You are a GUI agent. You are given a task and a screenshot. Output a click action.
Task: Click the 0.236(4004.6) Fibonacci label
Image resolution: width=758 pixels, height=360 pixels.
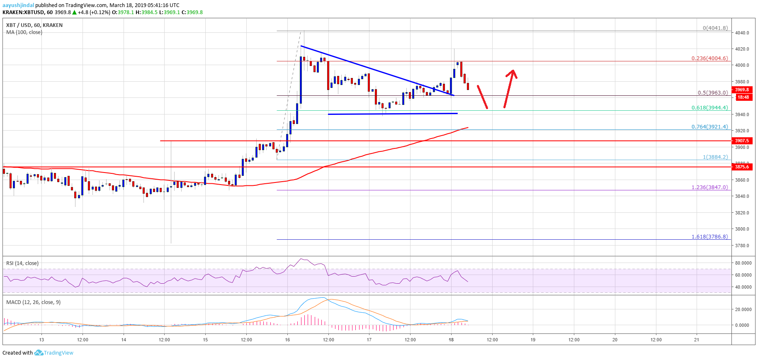pyautogui.click(x=709, y=58)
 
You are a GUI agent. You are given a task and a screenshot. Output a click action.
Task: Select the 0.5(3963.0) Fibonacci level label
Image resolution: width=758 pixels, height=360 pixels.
pyautogui.click(x=712, y=93)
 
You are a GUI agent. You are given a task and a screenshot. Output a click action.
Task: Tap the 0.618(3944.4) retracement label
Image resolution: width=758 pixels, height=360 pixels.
pyautogui.click(x=709, y=108)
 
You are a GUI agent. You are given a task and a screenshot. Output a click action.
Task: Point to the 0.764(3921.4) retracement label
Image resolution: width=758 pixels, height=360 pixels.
pyautogui.click(x=709, y=127)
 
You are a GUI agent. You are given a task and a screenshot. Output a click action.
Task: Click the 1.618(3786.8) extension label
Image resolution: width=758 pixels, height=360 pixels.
pyautogui.click(x=709, y=237)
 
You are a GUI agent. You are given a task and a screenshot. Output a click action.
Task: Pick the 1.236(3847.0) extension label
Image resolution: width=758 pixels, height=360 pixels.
pyautogui.click(x=709, y=187)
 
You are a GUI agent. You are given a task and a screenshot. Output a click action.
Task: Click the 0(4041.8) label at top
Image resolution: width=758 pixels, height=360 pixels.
pyautogui.click(x=715, y=28)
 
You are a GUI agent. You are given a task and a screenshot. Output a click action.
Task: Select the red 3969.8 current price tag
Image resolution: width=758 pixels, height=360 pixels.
pyautogui.click(x=742, y=90)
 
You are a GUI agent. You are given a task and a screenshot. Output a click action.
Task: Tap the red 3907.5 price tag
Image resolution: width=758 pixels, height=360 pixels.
pyautogui.click(x=742, y=141)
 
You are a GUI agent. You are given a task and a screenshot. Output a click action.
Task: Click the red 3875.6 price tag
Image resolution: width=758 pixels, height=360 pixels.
pyautogui.click(x=742, y=167)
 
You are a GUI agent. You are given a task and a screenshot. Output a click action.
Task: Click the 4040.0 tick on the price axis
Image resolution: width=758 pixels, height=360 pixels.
pyautogui.click(x=742, y=33)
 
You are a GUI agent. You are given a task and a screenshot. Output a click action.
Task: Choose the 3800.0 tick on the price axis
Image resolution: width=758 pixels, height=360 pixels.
pyautogui.click(x=742, y=229)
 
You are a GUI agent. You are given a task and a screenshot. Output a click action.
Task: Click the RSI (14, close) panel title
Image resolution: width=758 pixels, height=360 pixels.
pyautogui.click(x=22, y=263)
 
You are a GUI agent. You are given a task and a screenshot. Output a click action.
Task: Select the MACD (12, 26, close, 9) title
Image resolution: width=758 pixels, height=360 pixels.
pyautogui.click(x=33, y=302)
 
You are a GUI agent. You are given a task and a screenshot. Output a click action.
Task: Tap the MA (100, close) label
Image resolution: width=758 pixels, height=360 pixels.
pyautogui.click(x=24, y=32)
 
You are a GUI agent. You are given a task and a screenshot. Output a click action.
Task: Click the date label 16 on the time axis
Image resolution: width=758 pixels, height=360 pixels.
pyautogui.click(x=287, y=340)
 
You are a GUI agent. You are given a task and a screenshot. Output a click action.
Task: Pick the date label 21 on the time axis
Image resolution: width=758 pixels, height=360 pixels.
pyautogui.click(x=697, y=340)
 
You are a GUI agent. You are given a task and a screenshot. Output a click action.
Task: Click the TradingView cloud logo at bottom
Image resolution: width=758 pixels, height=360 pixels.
pyautogui.click(x=39, y=353)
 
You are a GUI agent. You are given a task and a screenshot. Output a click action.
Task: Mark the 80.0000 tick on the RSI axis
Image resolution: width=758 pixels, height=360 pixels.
pyautogui.click(x=743, y=263)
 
